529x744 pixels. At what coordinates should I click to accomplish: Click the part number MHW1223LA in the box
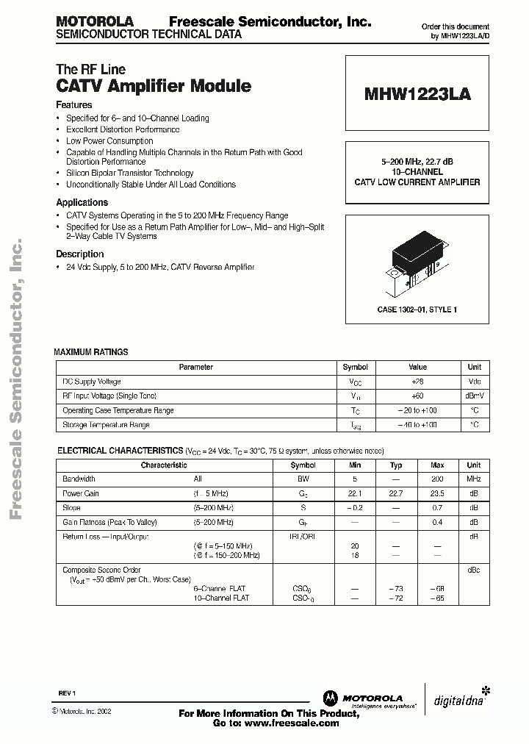(x=417, y=94)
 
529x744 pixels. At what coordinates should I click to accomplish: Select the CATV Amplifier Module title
(x=154, y=86)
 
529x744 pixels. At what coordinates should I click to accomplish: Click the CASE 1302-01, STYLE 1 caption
(x=417, y=310)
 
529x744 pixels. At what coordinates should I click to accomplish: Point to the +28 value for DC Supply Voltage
(x=417, y=382)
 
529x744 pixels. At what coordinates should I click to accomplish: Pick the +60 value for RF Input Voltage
(x=417, y=396)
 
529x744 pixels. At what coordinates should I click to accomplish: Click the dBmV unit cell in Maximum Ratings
(x=475, y=396)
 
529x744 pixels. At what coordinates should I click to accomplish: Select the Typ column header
(x=396, y=465)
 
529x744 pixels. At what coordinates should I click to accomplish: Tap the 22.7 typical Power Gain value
(x=396, y=494)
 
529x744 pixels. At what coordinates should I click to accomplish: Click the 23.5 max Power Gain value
(x=438, y=494)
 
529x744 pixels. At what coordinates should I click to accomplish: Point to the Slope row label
(x=72, y=508)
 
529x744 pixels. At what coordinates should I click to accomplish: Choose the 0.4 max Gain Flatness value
(x=438, y=523)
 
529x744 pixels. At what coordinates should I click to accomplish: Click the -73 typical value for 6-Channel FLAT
(x=396, y=589)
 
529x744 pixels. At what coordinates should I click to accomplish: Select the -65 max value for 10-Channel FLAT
(x=438, y=598)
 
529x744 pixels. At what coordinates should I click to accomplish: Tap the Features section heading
(x=74, y=105)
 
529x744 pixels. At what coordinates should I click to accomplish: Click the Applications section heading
(x=82, y=202)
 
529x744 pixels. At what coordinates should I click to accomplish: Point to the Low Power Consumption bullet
(x=109, y=141)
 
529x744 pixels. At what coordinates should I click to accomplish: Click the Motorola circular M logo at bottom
(x=329, y=698)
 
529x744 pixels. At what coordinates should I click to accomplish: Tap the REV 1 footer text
(x=68, y=693)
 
